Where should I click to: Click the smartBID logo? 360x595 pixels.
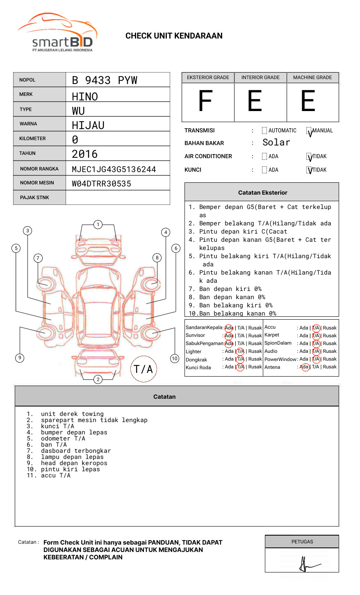pos(57,33)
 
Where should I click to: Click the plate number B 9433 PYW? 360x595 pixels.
pos(105,80)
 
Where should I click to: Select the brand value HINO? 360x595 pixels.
pos(85,97)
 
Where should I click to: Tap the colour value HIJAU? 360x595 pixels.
pos(88,125)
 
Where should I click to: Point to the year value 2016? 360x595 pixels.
pos(85,154)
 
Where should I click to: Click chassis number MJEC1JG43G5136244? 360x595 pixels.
pos(114,169)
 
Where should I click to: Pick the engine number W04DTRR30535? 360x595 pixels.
pos(102,184)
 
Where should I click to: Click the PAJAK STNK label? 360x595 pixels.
pos(34,198)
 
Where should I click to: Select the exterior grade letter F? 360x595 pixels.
pos(205,101)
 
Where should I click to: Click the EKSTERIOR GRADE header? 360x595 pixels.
pos(208,77)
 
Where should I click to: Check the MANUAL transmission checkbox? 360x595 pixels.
pos(309,131)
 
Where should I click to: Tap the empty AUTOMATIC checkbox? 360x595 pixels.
pos(264,131)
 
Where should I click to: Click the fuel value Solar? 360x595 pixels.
pos(276,143)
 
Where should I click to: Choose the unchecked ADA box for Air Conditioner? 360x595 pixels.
pos(264,157)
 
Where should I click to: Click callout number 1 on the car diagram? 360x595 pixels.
pos(98,224)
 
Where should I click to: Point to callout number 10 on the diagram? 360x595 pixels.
pos(175,359)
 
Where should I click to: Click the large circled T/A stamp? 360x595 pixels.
pos(144,369)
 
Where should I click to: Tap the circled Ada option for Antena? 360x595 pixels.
pos(305,367)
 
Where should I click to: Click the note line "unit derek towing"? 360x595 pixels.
pos(72,414)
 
